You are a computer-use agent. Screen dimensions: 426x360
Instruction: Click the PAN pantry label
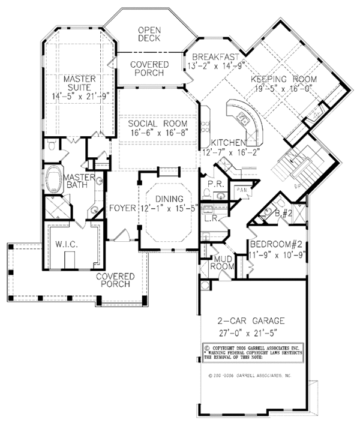[x=241, y=190]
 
